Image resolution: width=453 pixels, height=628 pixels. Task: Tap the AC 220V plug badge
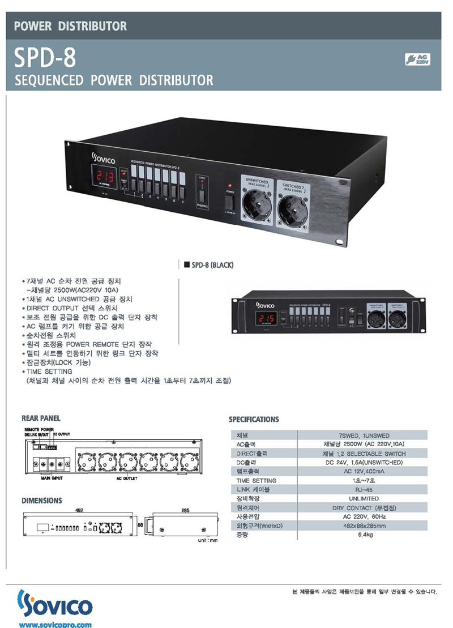418,59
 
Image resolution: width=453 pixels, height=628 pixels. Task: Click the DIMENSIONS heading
42,501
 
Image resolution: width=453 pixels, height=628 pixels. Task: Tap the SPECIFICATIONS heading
254,420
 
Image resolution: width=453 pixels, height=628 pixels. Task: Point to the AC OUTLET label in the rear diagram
127,479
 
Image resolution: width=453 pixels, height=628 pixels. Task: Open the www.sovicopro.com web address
55,624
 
